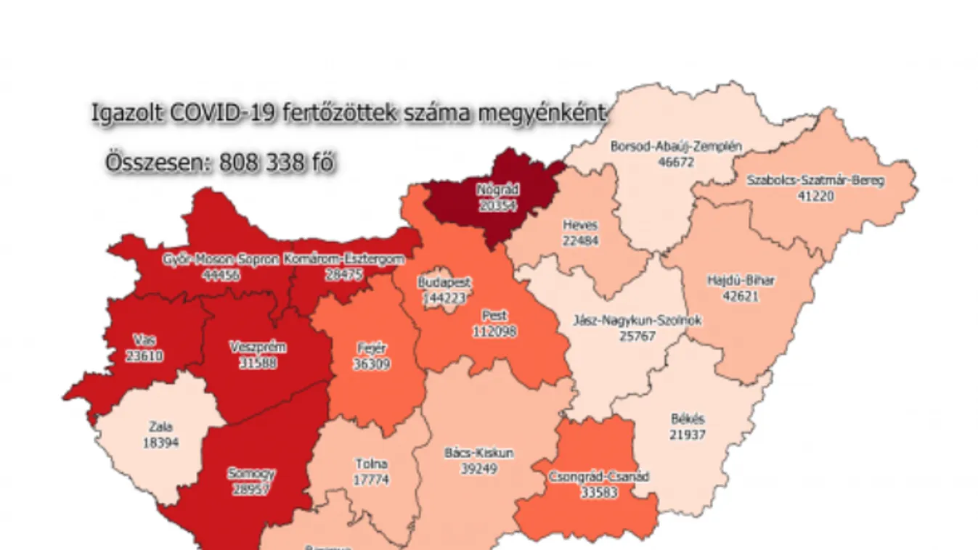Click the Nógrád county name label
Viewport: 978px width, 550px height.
(497, 190)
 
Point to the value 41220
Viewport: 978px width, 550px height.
(815, 195)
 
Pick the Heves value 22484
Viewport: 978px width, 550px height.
(581, 239)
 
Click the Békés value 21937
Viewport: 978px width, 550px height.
(687, 435)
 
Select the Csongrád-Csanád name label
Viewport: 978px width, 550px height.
(599, 477)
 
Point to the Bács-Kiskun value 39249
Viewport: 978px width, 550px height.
(478, 469)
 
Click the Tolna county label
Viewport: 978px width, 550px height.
(371, 464)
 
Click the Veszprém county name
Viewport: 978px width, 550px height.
(258, 348)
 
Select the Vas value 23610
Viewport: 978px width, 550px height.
(144, 356)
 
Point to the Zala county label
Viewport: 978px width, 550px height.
(160, 427)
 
